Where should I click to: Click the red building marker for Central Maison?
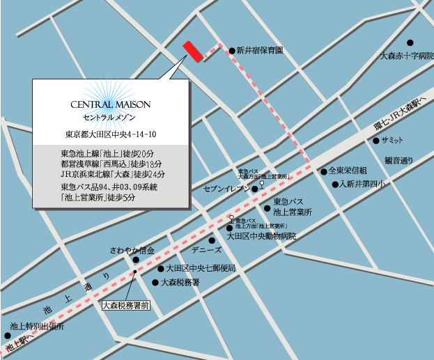tap(192, 51)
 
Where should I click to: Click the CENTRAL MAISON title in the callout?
tap(111, 104)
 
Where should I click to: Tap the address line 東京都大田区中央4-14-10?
tap(110, 134)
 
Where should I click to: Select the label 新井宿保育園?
tap(259, 51)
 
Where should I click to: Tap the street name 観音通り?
tap(398, 160)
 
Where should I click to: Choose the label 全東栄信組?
tap(348, 170)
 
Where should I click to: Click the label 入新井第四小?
tap(362, 185)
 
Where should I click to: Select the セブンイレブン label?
tap(226, 189)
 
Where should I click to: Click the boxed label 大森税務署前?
tap(126, 304)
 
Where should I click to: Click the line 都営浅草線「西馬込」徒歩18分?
tap(112, 164)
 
